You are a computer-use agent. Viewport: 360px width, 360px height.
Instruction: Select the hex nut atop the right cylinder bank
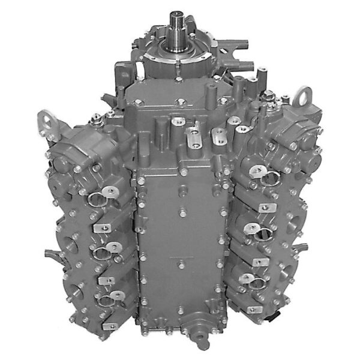click(268, 95)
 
